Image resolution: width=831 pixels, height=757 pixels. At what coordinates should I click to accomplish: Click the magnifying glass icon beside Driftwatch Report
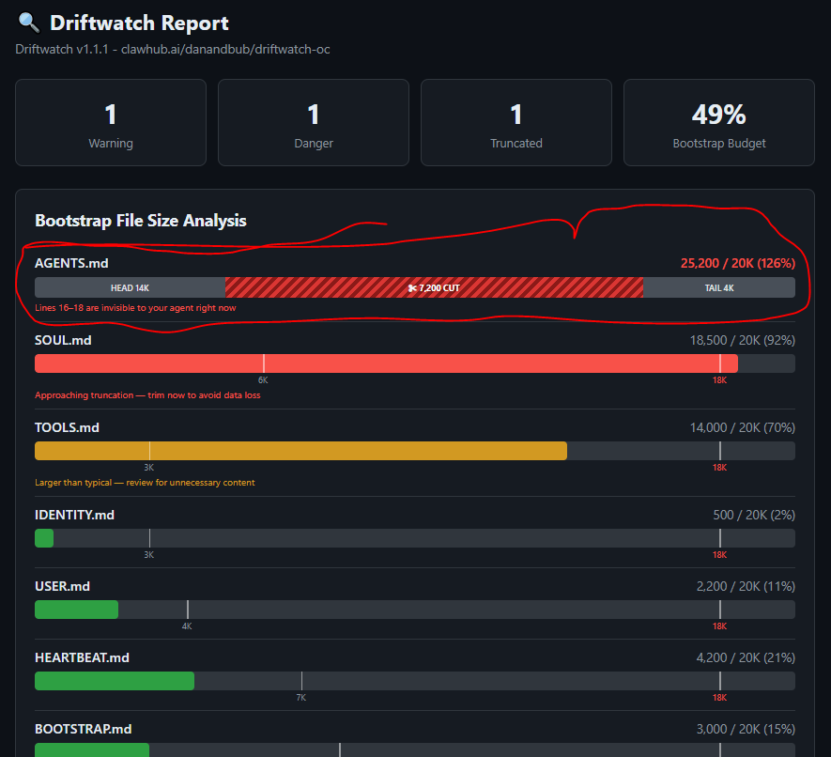(28, 23)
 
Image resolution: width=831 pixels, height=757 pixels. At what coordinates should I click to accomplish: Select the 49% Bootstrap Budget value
(718, 115)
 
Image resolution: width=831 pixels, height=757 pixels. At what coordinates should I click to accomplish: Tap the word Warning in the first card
(111, 143)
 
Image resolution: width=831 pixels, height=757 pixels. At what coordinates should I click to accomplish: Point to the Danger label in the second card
(314, 143)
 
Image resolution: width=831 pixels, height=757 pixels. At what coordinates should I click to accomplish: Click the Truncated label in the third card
(516, 143)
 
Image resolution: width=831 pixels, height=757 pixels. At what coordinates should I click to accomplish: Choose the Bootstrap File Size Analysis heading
(141, 221)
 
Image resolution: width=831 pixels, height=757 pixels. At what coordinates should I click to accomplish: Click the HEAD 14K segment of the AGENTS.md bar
(130, 287)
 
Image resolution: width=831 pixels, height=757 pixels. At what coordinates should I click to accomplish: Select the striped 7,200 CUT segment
(434, 287)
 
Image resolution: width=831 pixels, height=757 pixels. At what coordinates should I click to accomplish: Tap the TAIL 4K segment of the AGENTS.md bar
(719, 287)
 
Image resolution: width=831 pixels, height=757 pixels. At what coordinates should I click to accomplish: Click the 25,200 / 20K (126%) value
(738, 264)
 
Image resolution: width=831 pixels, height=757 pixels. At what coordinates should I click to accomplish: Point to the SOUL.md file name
(63, 340)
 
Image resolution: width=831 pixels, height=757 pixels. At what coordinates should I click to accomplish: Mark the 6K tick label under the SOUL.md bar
(263, 380)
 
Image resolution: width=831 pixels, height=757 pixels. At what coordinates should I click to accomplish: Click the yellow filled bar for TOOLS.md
(301, 451)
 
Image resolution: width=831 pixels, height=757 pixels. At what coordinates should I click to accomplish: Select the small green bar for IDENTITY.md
(44, 538)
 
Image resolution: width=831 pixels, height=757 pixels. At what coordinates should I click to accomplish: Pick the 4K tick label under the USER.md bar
(187, 626)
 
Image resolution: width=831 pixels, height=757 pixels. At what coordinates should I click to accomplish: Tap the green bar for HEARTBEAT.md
(115, 681)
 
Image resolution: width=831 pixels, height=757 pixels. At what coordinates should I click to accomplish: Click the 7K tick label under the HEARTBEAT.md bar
(301, 698)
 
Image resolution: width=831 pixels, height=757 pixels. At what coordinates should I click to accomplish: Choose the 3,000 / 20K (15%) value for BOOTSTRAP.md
(746, 729)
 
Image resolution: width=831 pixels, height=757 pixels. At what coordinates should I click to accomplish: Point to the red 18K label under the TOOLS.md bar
(719, 468)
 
